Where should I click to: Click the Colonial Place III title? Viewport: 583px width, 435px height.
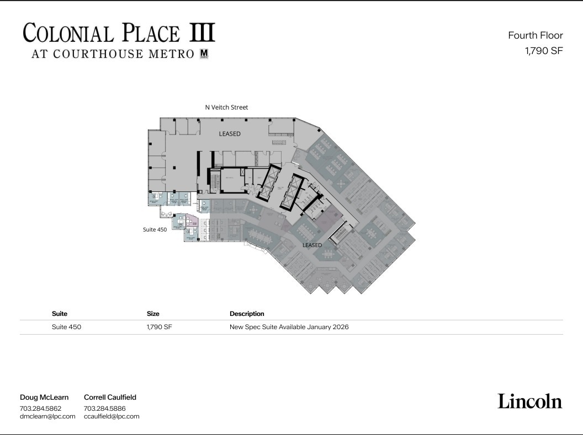pyautogui.click(x=119, y=33)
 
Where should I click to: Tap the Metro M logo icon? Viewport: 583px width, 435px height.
pyautogui.click(x=204, y=53)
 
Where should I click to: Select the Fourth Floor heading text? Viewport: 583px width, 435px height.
pyautogui.click(x=535, y=35)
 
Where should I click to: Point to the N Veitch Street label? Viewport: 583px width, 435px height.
pyautogui.click(x=226, y=108)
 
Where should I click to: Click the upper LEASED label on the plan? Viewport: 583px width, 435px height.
pyautogui.click(x=230, y=134)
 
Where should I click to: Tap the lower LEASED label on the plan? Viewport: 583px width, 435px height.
pyautogui.click(x=312, y=245)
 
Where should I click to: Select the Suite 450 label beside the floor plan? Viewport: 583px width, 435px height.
pyautogui.click(x=155, y=229)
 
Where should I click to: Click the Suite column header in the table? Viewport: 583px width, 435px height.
pyautogui.click(x=60, y=314)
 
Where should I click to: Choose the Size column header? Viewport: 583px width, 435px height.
pyautogui.click(x=153, y=314)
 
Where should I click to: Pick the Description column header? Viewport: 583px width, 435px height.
pyautogui.click(x=247, y=314)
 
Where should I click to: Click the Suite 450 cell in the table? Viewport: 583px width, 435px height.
pyautogui.click(x=66, y=327)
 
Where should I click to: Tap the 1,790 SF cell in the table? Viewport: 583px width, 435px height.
pyautogui.click(x=159, y=327)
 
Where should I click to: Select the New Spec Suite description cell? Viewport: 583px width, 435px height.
pyautogui.click(x=289, y=327)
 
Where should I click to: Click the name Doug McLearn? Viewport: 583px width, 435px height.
pyautogui.click(x=44, y=397)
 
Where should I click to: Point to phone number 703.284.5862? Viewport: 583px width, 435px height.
pyautogui.click(x=40, y=409)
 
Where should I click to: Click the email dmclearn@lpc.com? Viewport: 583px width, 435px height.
pyautogui.click(x=47, y=416)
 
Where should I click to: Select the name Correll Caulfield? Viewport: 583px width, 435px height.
pyautogui.click(x=110, y=397)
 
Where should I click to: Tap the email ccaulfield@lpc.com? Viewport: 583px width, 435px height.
pyautogui.click(x=112, y=416)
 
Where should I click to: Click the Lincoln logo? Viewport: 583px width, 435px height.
pyautogui.click(x=529, y=401)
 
